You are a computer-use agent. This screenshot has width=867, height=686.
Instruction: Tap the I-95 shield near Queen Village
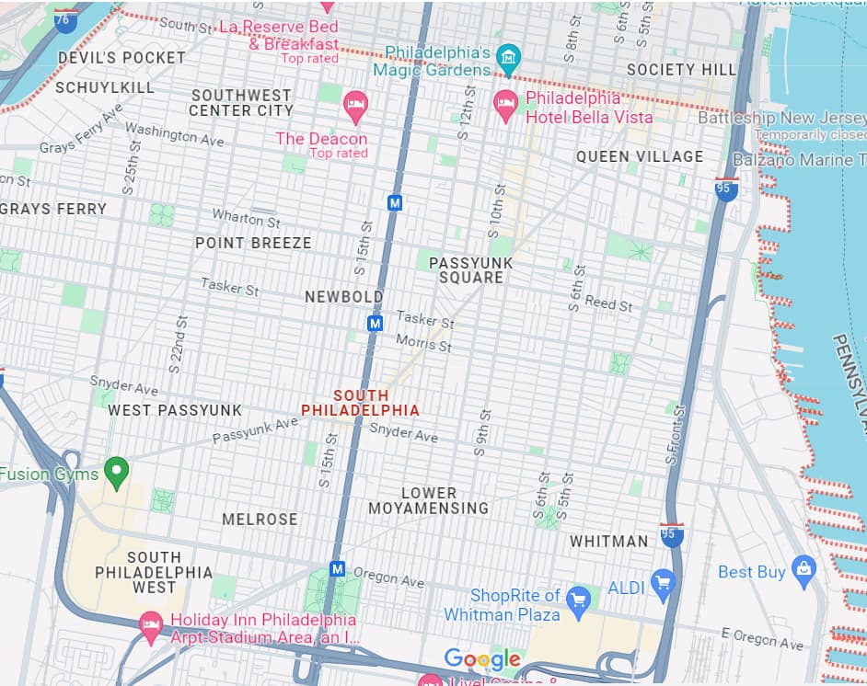[726, 189]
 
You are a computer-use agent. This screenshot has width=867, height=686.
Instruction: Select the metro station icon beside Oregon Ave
[338, 569]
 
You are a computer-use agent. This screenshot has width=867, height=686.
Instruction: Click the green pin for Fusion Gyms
[115, 472]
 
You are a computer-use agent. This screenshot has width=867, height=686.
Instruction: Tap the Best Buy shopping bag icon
[803, 571]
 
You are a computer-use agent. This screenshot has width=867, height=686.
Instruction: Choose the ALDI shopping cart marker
[662, 582]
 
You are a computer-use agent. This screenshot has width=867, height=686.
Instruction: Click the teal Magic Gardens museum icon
[507, 59]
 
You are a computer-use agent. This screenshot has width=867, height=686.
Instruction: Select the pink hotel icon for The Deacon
[355, 104]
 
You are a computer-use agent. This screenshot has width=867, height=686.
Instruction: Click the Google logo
[482, 659]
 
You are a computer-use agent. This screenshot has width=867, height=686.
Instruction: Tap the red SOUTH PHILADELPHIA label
[361, 403]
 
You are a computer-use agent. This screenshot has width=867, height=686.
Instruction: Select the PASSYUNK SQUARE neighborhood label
[470, 270]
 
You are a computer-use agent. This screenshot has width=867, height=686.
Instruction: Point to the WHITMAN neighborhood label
[608, 542]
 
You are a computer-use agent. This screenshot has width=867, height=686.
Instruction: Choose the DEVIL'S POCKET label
[121, 57]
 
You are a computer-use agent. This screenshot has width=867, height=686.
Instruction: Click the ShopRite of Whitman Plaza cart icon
[577, 599]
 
